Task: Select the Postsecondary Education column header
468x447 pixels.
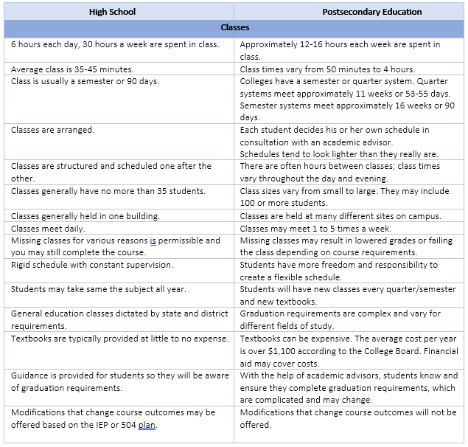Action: click(351, 12)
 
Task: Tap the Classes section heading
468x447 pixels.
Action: click(235, 28)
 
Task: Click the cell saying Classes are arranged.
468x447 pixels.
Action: click(52, 130)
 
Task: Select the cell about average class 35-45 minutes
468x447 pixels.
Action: click(72, 69)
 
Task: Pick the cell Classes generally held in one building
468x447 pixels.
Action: click(85, 216)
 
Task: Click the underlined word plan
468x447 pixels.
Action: click(147, 425)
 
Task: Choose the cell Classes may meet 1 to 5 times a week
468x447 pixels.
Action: click(318, 229)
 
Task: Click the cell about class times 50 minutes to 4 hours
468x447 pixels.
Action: click(332, 69)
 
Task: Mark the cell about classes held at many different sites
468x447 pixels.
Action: click(340, 216)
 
